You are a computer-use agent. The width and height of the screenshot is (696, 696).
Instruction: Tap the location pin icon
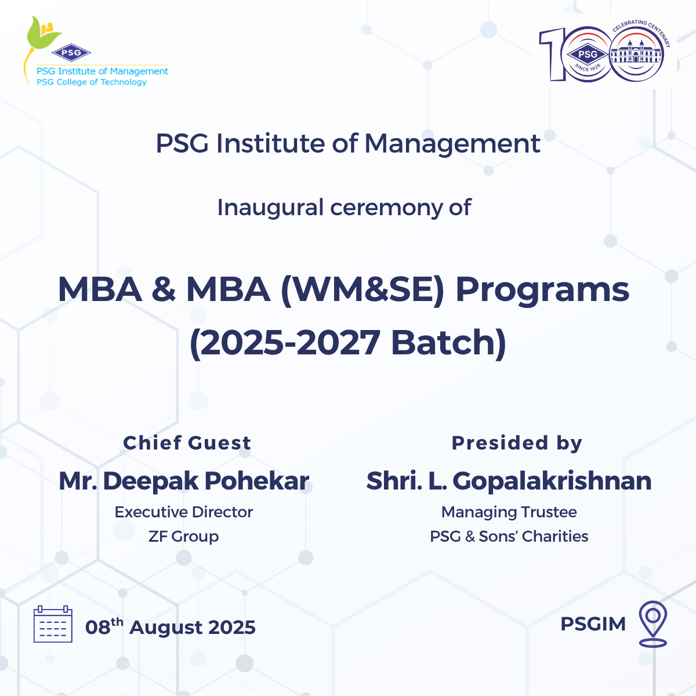click(x=652, y=623)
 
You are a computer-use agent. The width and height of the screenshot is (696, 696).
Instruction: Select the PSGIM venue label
click(x=593, y=623)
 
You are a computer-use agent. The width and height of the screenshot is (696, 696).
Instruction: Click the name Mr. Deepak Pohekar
click(x=184, y=481)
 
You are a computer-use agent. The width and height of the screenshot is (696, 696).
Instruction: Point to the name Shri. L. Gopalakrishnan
click(x=509, y=481)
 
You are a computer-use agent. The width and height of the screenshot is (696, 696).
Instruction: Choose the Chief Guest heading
click(x=187, y=443)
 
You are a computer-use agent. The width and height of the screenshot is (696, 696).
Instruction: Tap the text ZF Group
click(x=183, y=536)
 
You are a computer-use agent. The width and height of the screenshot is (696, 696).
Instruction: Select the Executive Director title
click(x=183, y=512)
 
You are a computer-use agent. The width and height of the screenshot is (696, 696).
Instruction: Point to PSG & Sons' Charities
click(x=509, y=536)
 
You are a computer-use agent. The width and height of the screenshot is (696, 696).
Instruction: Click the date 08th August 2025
click(x=170, y=626)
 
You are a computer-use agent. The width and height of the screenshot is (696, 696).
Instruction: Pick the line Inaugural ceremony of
click(x=344, y=208)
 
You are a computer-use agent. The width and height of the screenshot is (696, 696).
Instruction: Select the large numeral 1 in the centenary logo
click(x=552, y=54)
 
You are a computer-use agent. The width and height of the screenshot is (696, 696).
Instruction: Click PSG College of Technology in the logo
click(x=92, y=82)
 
